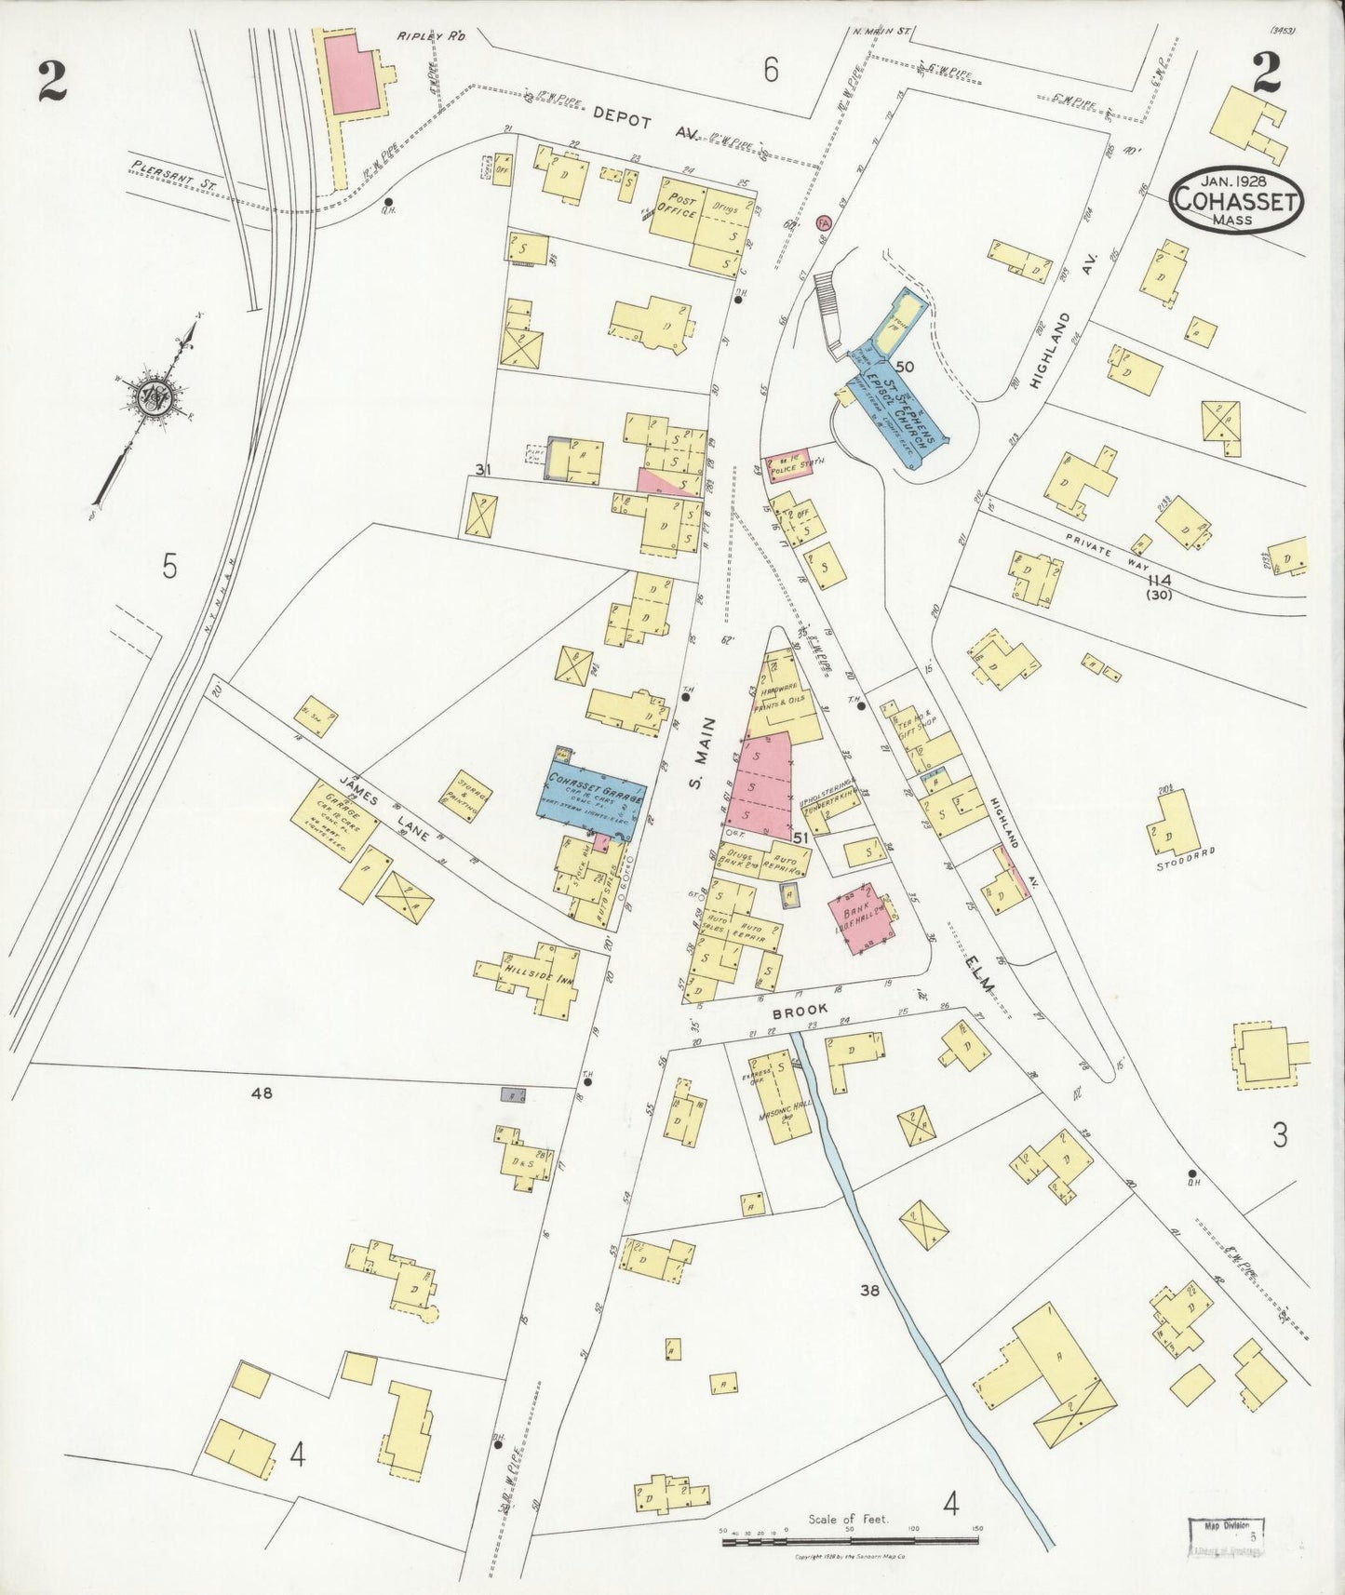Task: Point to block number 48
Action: pos(262,1093)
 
